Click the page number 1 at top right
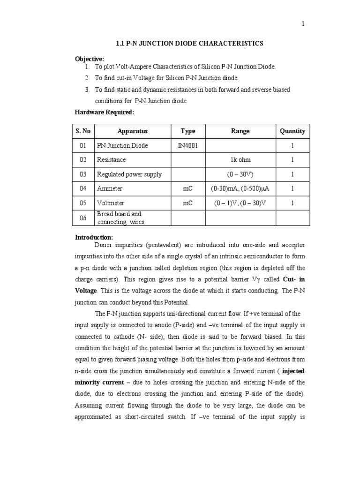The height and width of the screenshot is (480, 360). click(x=303, y=25)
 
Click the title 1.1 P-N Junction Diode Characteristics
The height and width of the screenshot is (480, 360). click(x=189, y=44)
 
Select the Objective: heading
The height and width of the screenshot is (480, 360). click(x=90, y=59)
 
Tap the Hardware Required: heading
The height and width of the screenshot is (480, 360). click(x=105, y=112)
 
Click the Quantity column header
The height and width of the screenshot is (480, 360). click(x=292, y=131)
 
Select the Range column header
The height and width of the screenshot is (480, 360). click(x=240, y=131)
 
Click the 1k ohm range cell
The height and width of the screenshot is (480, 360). click(x=240, y=160)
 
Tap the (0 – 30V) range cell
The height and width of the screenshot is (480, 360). click(x=240, y=174)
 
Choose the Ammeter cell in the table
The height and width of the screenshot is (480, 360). click(x=109, y=188)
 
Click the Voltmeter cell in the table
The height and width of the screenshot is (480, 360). click(x=110, y=203)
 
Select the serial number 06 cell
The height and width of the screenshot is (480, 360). click(x=83, y=218)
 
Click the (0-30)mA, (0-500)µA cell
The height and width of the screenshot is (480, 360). click(x=240, y=188)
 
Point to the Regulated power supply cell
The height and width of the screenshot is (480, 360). click(x=129, y=174)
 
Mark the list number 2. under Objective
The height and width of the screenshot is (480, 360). click(x=87, y=78)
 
